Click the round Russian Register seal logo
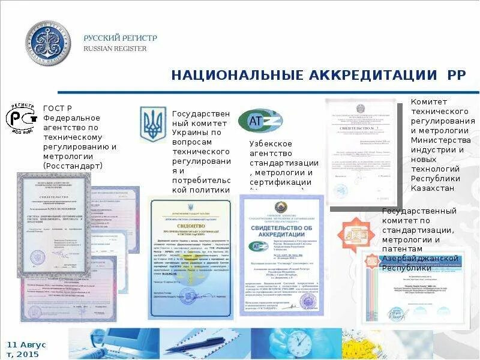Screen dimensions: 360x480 pyautogui.click(x=47, y=44)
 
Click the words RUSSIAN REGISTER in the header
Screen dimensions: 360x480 pyautogui.click(x=115, y=49)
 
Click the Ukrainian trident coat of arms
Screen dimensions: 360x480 pyautogui.click(x=152, y=124)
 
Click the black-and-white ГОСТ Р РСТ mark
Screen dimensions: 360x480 pyautogui.click(x=22, y=118)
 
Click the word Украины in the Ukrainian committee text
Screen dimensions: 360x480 pyautogui.click(x=188, y=132)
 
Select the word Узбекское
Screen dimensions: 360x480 pyautogui.click(x=271, y=144)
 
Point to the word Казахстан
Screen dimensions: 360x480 pyautogui.click(x=433, y=188)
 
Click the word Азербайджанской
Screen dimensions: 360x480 pyautogui.click(x=419, y=259)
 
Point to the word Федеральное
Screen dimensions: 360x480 pyautogui.click(x=71, y=118)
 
